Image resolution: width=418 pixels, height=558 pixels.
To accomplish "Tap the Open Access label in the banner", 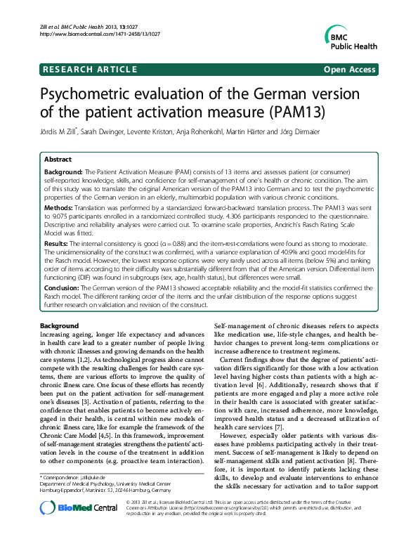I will pos(349,69).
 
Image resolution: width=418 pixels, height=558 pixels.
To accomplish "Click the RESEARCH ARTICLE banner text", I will pos(91,69).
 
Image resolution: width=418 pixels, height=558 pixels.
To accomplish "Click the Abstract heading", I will pos(58,160).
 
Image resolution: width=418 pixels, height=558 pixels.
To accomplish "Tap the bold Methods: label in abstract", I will pos(59,209).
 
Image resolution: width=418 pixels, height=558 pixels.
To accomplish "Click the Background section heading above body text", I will pos(60,327).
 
